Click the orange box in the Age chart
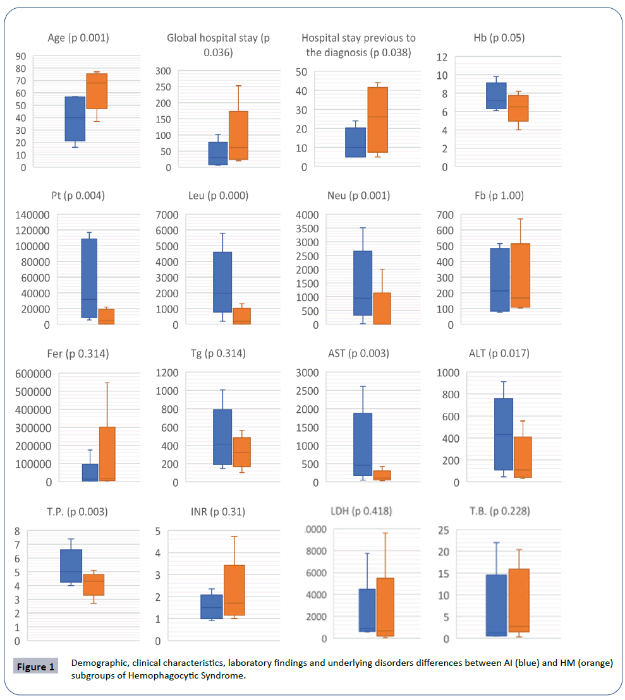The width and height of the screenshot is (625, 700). pos(97,91)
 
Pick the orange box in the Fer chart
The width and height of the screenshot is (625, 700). pos(107,453)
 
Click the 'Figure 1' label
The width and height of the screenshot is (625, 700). pos(35,667)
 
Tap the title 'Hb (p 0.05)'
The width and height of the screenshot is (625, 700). pos(494,38)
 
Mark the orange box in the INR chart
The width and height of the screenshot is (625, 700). pos(234,590)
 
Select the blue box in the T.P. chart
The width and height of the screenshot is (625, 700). pos(71,566)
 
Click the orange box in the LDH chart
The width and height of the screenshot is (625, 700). pos(385,607)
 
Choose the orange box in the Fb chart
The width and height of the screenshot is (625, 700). pos(520,275)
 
